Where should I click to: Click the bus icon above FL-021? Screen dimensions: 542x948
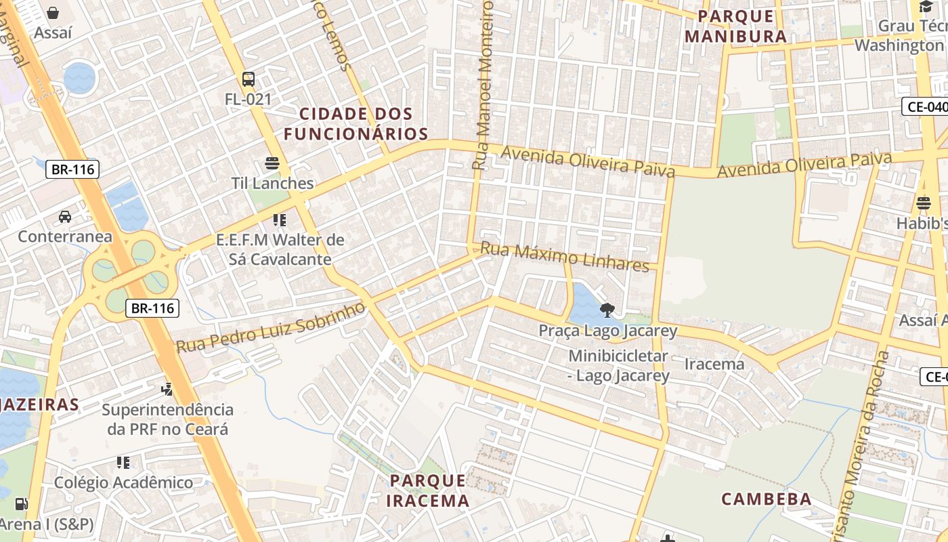click(249, 79)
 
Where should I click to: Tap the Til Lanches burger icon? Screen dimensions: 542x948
click(272, 163)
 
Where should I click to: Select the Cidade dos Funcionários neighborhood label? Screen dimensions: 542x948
click(355, 124)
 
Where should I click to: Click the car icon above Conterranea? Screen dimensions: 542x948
click(65, 217)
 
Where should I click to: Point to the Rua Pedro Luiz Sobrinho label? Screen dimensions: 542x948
click(271, 328)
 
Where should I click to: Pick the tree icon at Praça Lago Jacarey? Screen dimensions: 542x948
click(607, 310)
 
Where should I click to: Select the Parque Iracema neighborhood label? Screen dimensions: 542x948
click(428, 491)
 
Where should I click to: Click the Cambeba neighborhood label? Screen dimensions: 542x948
click(767, 499)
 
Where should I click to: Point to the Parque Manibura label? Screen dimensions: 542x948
click(735, 26)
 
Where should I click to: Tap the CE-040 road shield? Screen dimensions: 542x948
click(925, 106)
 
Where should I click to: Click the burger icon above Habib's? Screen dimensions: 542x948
click(923, 203)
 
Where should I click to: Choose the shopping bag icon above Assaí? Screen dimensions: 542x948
click(53, 12)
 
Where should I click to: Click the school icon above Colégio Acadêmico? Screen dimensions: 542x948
click(123, 463)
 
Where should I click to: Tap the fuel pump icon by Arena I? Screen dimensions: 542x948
click(22, 504)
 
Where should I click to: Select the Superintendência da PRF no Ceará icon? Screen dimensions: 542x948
click(167, 389)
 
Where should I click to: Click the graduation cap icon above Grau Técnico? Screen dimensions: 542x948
click(926, 7)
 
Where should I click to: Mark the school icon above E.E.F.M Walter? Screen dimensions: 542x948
click(279, 220)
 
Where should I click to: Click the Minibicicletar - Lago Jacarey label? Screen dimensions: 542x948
click(618, 365)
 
